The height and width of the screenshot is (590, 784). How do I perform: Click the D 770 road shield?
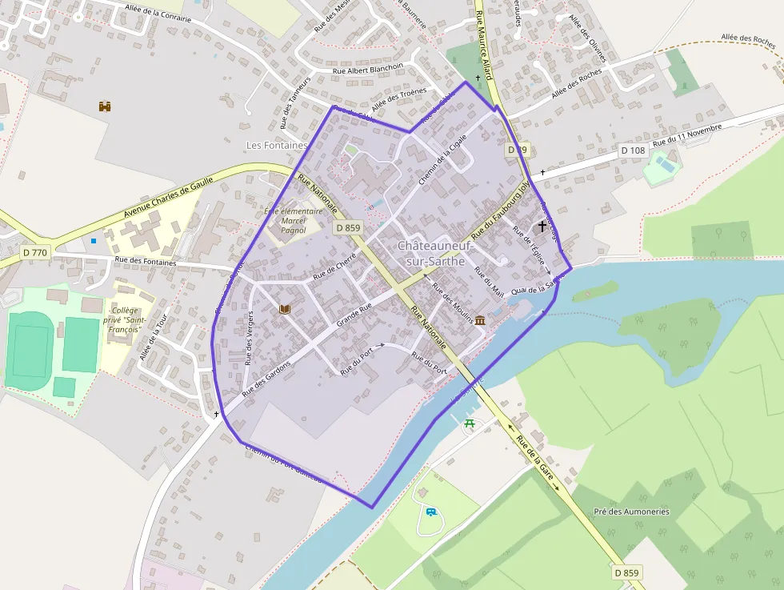pyautogui.click(x=35, y=252)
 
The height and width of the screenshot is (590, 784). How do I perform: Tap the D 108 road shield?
pyautogui.click(x=633, y=150)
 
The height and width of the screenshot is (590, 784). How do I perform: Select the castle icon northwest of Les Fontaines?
pyautogui.click(x=104, y=106)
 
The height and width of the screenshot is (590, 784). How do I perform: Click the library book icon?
pyautogui.click(x=283, y=308)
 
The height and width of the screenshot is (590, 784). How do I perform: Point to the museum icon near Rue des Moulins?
pyautogui.click(x=480, y=320)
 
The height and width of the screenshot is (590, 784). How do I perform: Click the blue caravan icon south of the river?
pyautogui.click(x=431, y=512)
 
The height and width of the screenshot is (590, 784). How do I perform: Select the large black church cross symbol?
pyautogui.click(x=542, y=227)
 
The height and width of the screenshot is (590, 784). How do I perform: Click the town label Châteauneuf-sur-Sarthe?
pyautogui.click(x=436, y=253)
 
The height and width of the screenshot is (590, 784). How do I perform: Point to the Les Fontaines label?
pyautogui.click(x=277, y=146)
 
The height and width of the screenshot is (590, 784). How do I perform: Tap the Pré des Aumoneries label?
pyautogui.click(x=631, y=512)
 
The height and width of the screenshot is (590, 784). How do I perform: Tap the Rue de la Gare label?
pyautogui.click(x=535, y=454)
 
